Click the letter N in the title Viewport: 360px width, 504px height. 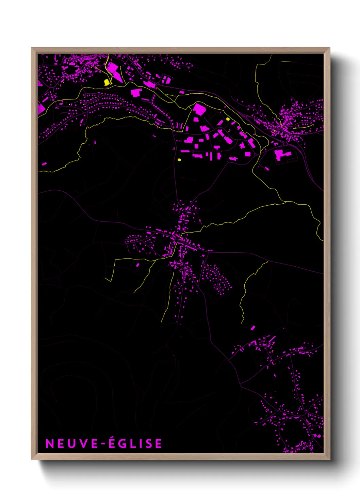tap(49, 443)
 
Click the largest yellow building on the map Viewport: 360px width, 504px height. tap(107, 82)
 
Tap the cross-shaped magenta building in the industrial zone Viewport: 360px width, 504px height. tap(242, 146)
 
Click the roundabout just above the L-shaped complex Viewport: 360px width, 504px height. tap(285, 144)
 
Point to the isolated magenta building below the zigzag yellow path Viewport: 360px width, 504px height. tap(253, 328)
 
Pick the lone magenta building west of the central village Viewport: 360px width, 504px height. tap(138, 265)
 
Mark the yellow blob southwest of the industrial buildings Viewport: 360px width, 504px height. tap(179, 159)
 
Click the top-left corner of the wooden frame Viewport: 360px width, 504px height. tap(32, 48)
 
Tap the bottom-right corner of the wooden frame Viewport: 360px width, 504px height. tap(329, 459)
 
